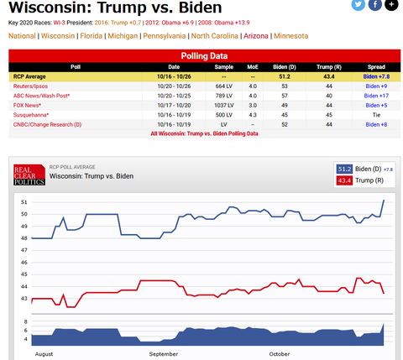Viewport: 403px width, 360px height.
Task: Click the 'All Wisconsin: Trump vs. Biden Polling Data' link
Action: point(204,133)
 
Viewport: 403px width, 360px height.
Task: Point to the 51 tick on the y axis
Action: point(24,202)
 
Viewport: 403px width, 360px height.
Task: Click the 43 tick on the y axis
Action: point(24,299)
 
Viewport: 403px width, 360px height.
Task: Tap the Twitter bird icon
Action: point(358,5)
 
